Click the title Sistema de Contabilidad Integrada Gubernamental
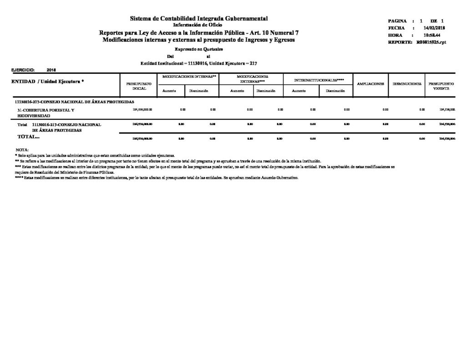click(x=199, y=18)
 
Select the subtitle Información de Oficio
click(x=199, y=25)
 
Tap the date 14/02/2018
click(x=434, y=28)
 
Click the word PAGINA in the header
click(x=397, y=21)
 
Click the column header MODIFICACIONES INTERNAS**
click(x=189, y=77)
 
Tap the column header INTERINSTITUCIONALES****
click(x=319, y=80)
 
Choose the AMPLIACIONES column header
click(x=371, y=84)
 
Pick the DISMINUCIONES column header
click(x=407, y=84)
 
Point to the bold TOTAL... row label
click(x=28, y=137)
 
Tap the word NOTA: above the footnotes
click(x=22, y=150)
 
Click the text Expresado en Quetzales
click(x=199, y=49)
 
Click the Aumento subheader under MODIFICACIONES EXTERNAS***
click(x=237, y=91)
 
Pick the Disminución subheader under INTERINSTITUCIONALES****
click(x=335, y=91)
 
